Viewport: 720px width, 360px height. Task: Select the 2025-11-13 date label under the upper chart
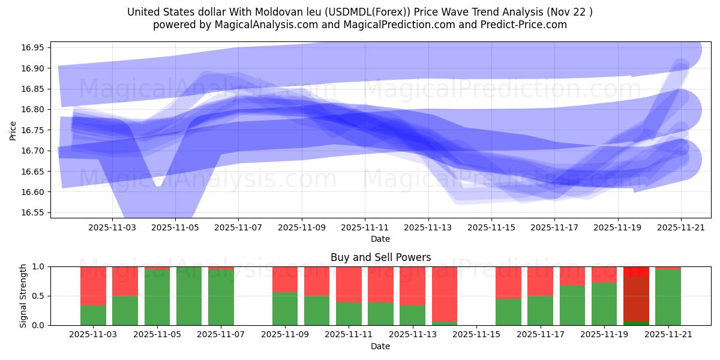click(x=428, y=228)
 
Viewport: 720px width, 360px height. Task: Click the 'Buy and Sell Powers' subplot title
click(x=380, y=257)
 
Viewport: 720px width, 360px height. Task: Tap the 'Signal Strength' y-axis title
click(x=23, y=296)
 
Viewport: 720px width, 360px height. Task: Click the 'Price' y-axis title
click(x=13, y=130)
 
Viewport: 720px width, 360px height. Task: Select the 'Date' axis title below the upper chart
click(x=380, y=239)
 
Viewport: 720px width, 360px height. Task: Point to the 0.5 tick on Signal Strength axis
click(x=38, y=296)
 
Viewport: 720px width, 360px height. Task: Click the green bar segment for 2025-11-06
click(x=189, y=296)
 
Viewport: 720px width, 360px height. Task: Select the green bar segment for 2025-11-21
click(x=668, y=297)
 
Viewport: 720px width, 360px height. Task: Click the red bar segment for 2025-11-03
click(x=93, y=286)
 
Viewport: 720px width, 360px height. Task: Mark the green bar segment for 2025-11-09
click(x=285, y=308)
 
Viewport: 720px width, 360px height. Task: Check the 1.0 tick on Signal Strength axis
click(x=38, y=266)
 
